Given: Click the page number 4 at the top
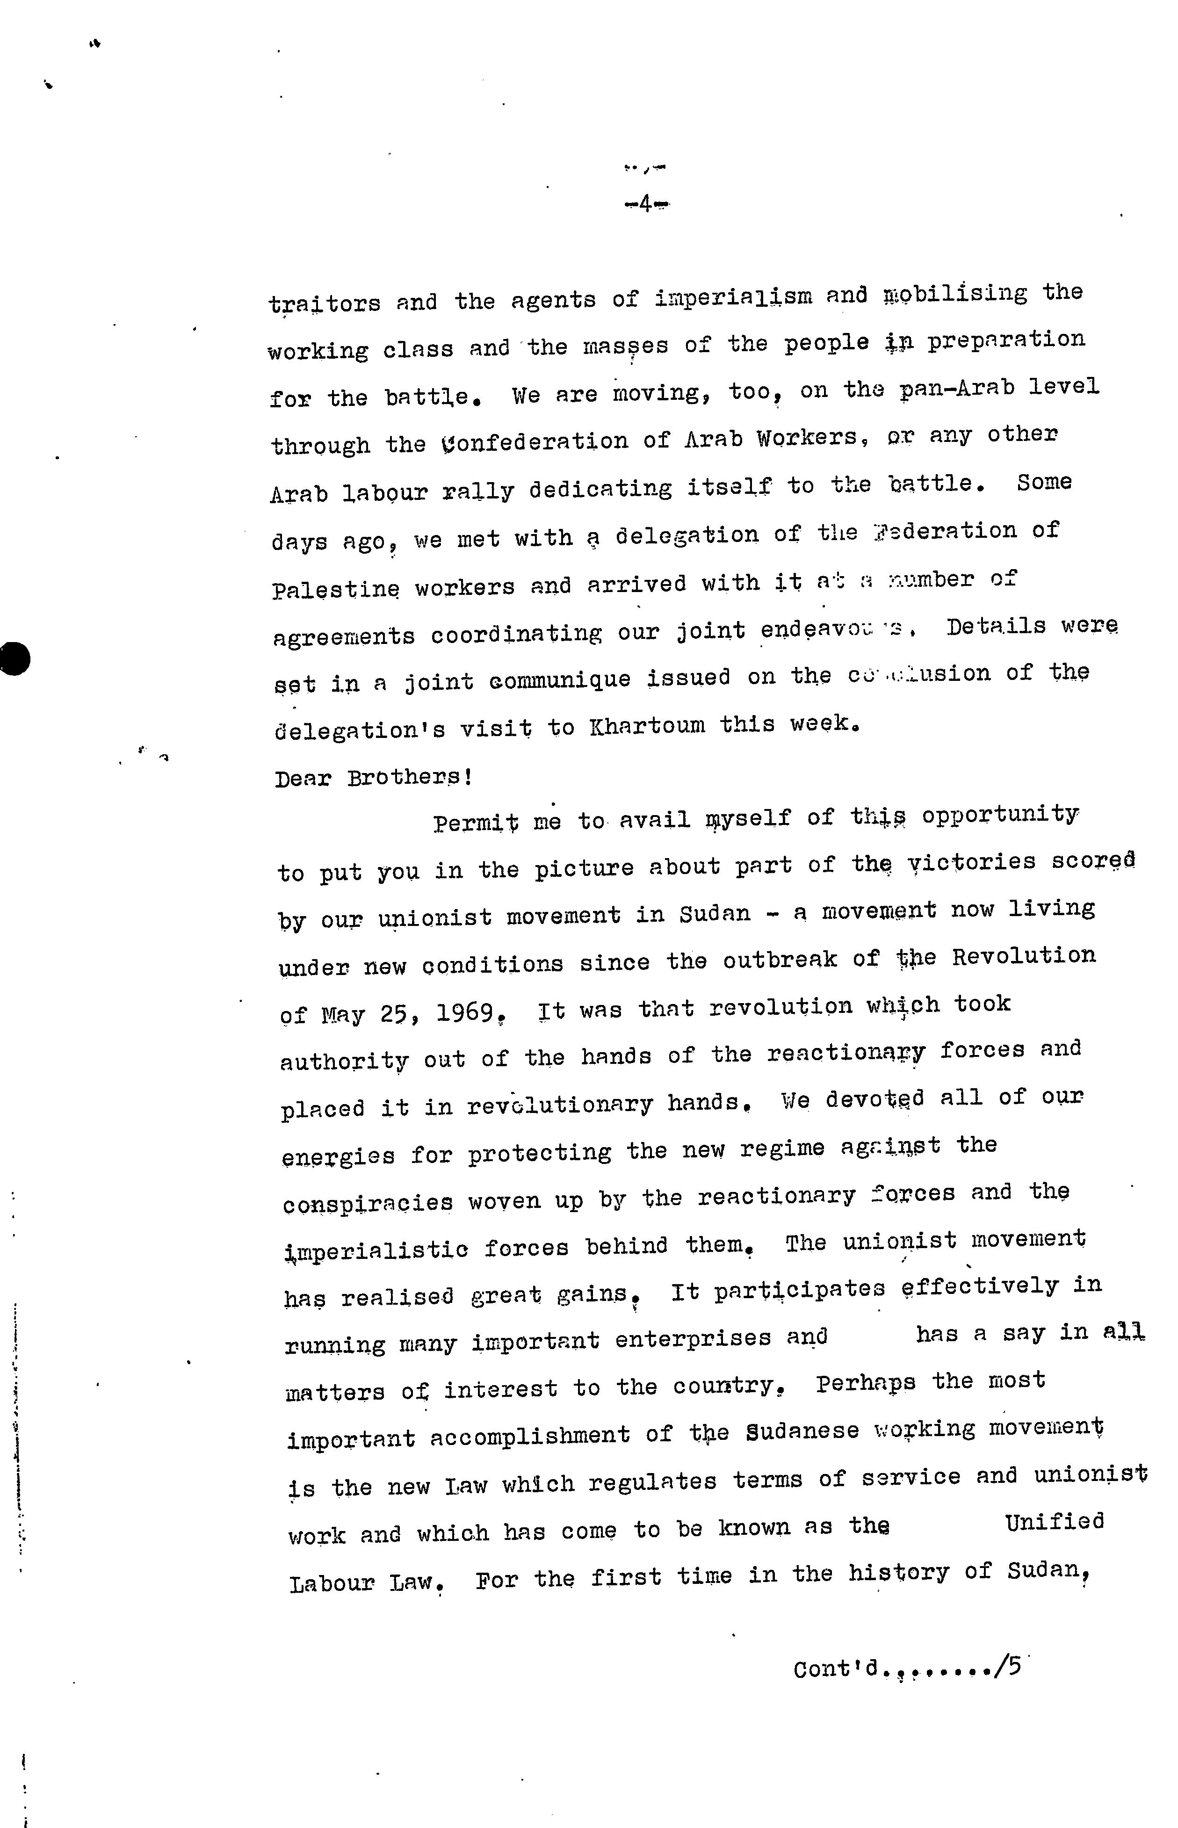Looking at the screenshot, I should point(645,204).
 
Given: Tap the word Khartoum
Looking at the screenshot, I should point(647,725).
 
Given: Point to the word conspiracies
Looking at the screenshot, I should point(367,1203).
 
